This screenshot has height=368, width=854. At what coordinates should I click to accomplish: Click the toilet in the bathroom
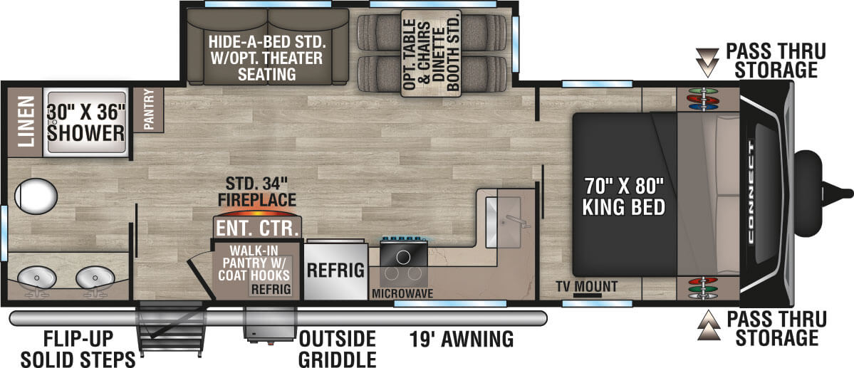pyautogui.click(x=35, y=195)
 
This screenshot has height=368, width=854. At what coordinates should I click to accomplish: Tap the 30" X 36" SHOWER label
pyautogui.click(x=86, y=122)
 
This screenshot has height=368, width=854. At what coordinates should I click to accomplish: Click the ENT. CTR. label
pyautogui.click(x=256, y=228)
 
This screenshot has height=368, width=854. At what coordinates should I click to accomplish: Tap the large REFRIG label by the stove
pyautogui.click(x=336, y=270)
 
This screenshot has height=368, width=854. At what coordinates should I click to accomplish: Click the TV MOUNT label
pyautogui.click(x=587, y=287)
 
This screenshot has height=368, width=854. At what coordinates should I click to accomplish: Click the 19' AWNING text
pyautogui.click(x=461, y=340)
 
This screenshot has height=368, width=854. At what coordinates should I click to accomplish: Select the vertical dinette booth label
pyautogui.click(x=431, y=52)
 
